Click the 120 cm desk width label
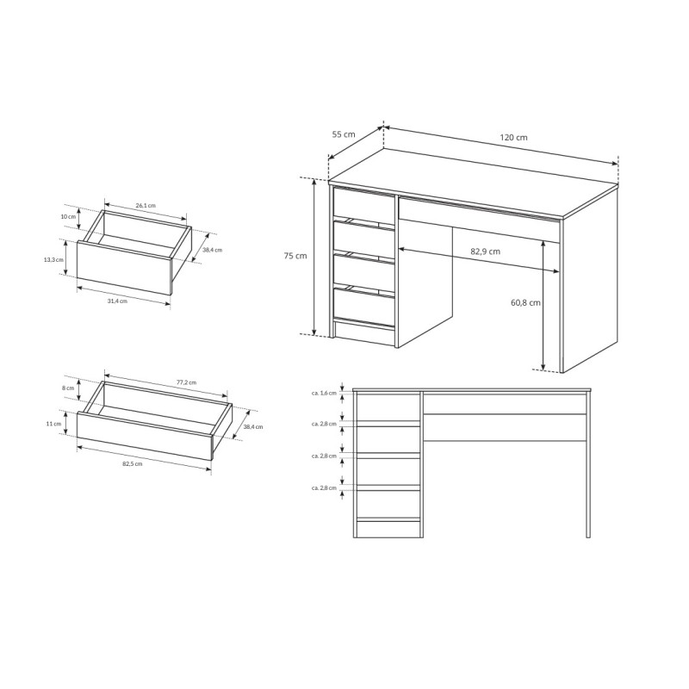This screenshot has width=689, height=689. click(513, 137)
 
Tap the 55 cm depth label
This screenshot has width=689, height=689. click(343, 134)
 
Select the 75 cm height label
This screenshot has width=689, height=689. click(295, 255)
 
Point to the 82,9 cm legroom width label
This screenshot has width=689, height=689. click(485, 251)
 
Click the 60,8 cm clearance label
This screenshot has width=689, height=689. click(525, 302)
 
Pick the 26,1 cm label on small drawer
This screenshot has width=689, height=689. click(146, 205)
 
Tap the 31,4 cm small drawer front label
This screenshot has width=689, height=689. click(117, 301)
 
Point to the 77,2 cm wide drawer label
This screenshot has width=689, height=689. click(186, 382)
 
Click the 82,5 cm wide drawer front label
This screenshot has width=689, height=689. click(133, 463)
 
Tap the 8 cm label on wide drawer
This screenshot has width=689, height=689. click(68, 388)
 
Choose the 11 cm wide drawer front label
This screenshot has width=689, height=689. click(53, 424)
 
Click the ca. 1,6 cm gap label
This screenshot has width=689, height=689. click(324, 393)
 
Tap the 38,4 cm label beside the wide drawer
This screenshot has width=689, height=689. click(253, 426)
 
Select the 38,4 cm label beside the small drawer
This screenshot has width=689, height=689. click(212, 250)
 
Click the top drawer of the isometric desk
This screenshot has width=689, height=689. click(363, 202)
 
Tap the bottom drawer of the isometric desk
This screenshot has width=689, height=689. click(364, 306)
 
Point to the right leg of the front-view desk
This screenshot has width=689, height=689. click(588, 465)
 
